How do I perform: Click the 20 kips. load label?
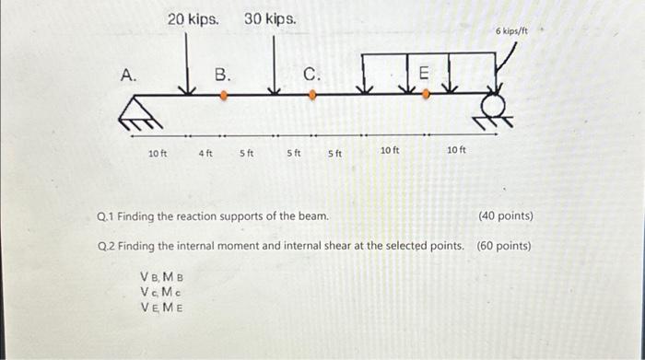point(193,18)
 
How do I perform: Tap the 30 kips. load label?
point(270,18)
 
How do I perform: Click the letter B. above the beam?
point(223,74)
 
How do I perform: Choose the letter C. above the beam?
point(311,74)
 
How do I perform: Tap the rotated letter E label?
point(424,73)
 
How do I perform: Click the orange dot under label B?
point(223,94)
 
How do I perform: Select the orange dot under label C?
point(312,94)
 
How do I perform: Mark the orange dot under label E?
point(425,94)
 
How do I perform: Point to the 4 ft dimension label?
point(205,153)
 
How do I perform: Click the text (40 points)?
point(506,216)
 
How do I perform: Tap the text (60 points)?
point(504,246)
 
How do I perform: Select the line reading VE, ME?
point(160,307)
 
